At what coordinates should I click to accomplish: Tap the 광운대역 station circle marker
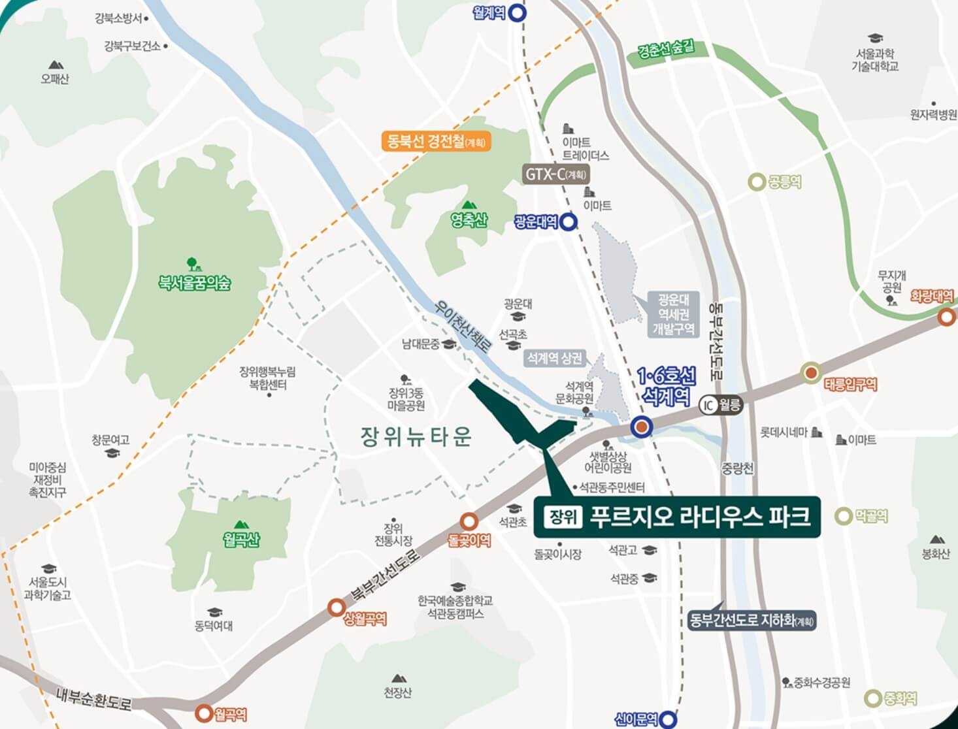pos(569,222)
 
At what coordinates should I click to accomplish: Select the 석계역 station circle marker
pos(642,427)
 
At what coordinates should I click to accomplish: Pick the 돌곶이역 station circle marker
pos(469,521)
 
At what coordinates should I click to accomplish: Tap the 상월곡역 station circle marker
pos(337,607)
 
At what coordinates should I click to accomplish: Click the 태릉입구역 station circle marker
pos(811,374)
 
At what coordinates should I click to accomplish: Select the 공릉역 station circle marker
pos(757,182)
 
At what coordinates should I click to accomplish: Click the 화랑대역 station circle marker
pos(946,317)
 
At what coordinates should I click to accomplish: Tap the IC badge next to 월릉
pos(708,405)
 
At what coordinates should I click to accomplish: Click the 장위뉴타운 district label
pos(416,436)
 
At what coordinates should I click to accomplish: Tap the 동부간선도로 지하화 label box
pos(752,620)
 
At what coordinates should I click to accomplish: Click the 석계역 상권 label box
pos(555,359)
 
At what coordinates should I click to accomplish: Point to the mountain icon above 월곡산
pos(241,524)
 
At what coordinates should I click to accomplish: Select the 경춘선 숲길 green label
pos(667,50)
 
